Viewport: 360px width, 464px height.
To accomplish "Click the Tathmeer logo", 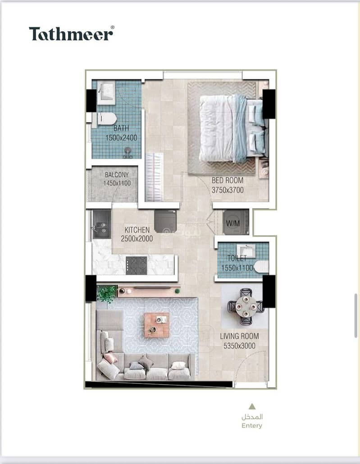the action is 71,33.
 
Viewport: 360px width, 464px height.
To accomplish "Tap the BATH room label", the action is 121,128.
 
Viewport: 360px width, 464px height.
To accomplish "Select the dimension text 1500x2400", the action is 121,137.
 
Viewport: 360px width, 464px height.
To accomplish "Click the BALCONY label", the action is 117,175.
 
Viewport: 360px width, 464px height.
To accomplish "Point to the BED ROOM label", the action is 228,180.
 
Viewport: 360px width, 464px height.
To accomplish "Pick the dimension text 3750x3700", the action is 228,190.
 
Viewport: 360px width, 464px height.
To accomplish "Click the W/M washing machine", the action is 236,222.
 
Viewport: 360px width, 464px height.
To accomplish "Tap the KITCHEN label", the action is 137,230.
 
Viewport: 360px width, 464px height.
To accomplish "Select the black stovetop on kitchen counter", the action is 137,265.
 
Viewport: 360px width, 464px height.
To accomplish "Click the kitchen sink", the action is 101,224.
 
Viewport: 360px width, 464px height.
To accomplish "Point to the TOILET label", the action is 237,258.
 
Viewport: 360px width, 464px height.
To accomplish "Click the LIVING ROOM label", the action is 239,336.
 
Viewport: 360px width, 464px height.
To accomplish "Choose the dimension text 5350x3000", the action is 239,346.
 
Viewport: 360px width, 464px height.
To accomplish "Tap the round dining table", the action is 246,306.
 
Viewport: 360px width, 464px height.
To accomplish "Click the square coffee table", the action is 157,325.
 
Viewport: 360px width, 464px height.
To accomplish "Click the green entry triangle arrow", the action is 252,406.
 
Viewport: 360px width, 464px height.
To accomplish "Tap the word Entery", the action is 252,426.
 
